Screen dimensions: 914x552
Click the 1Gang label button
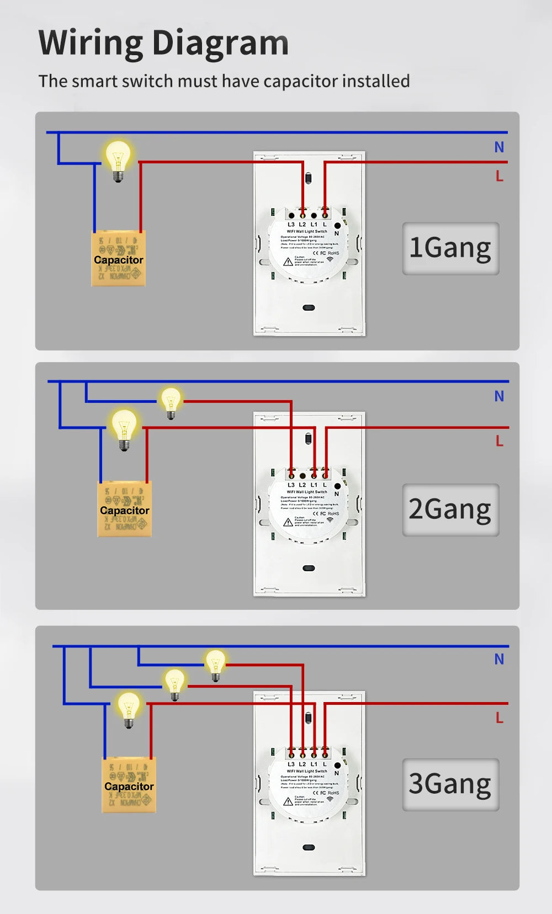(450, 248)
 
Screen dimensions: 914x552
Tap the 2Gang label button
(450, 509)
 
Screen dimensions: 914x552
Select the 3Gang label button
(450, 784)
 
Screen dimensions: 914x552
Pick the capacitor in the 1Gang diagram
(118, 258)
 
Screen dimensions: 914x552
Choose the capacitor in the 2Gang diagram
(124, 509)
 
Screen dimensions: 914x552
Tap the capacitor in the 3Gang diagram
(129, 785)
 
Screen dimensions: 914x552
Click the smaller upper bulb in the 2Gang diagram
(171, 401)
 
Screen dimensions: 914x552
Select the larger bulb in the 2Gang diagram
(124, 428)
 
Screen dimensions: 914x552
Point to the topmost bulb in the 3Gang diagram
(215, 664)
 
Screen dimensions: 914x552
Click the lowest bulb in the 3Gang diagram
(129, 709)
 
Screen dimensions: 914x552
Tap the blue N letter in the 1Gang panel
(499, 147)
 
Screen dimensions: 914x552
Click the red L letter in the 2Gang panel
(499, 441)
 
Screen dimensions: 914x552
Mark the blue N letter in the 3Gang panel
(499, 659)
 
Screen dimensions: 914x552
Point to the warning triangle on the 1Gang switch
(288, 261)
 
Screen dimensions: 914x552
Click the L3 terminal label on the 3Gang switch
(291, 764)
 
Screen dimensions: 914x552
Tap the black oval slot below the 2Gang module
(309, 568)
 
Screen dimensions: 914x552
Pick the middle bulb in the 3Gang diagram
(174, 684)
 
